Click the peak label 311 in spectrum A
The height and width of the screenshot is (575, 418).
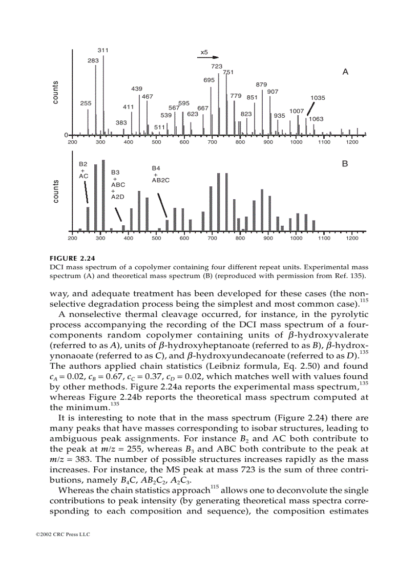(103, 50)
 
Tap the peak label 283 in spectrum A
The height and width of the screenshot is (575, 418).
(93, 60)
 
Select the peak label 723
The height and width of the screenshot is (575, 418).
(217, 67)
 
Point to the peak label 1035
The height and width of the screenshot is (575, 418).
(318, 97)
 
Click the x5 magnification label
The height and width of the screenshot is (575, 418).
(203, 52)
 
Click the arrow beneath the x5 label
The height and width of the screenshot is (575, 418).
(209, 57)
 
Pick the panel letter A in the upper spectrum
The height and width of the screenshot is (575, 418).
(345, 72)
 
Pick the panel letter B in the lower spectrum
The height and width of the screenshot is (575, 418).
(345, 164)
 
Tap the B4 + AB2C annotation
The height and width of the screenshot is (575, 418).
(160, 174)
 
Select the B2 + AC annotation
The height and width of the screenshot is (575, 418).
(83, 169)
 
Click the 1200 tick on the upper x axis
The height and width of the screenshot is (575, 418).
(352, 142)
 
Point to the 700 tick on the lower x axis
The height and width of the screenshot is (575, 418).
(212, 238)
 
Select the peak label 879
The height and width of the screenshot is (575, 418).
(261, 84)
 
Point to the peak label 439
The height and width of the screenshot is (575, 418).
(136, 89)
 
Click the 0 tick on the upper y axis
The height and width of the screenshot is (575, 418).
(66, 135)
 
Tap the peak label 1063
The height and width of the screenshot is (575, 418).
(316, 119)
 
